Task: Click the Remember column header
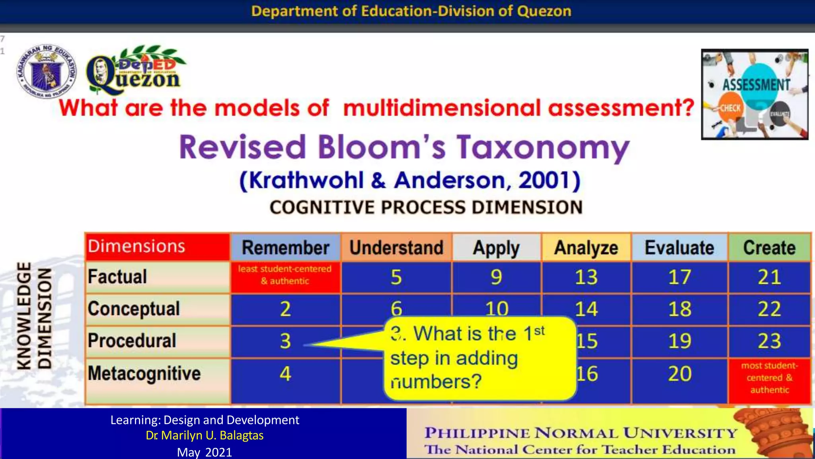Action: (285, 247)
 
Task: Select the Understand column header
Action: (396, 247)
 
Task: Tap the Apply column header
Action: (496, 247)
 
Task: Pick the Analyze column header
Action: (586, 247)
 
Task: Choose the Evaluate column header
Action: (679, 247)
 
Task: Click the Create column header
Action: (769, 247)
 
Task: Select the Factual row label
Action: (117, 277)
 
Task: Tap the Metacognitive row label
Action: (144, 374)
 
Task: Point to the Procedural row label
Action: (132, 341)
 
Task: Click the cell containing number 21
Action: (769, 277)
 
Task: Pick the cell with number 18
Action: (679, 309)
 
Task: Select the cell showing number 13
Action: (586, 277)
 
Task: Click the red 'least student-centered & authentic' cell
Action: (285, 275)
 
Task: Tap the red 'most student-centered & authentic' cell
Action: (769, 378)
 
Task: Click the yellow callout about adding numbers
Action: (480, 358)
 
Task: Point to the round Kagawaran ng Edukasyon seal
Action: (47, 71)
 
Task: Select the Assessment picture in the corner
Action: (755, 94)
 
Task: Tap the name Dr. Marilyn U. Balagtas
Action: (205, 435)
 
